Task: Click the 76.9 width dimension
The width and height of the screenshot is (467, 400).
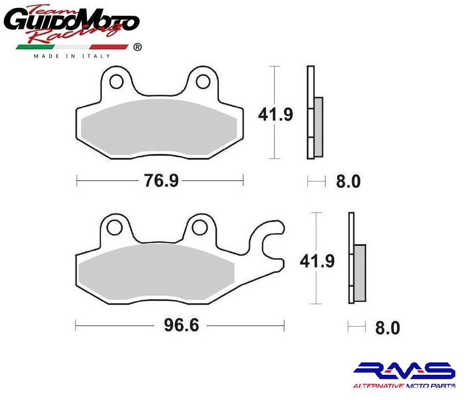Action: pos(161,180)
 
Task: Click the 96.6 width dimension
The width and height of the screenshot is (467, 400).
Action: pos(181,325)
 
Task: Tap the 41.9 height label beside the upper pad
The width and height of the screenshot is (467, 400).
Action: pos(275,114)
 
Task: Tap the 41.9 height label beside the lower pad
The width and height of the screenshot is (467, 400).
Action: pos(317,261)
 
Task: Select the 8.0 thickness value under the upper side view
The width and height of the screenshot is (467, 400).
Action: pos(348,181)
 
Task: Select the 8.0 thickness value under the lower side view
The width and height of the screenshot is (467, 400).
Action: pos(387,328)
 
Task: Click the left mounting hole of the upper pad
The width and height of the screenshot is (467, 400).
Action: pos(116,82)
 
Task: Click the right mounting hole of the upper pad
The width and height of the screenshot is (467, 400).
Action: pos(203,82)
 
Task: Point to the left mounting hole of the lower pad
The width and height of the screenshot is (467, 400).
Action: pos(114,228)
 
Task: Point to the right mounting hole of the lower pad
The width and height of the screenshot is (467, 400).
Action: pos(200,228)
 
